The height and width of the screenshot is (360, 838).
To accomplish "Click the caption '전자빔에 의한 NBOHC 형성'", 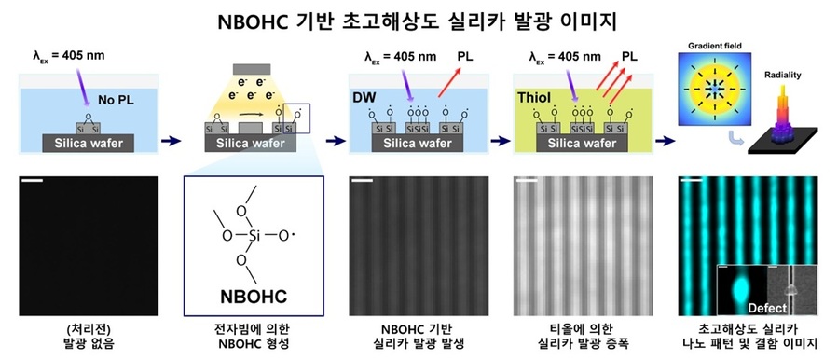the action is [x=254, y=337].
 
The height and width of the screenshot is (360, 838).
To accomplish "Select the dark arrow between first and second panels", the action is [x=172, y=143].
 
